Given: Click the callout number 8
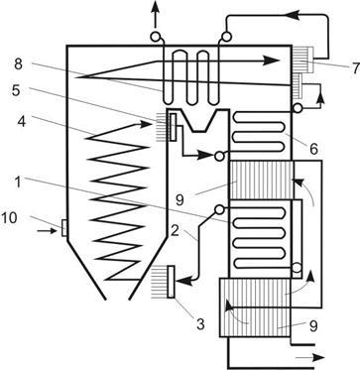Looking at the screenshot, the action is coord(18,64).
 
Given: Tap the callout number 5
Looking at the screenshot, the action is coord(17,91).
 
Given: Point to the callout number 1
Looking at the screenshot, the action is coord(19,183).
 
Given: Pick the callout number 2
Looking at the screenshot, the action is coord(175,231).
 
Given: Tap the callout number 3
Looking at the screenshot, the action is coord(199,324).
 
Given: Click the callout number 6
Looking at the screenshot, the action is coord(313,149).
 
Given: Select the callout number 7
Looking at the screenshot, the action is coord(355,68).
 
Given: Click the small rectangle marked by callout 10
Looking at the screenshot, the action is coord(64,228).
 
